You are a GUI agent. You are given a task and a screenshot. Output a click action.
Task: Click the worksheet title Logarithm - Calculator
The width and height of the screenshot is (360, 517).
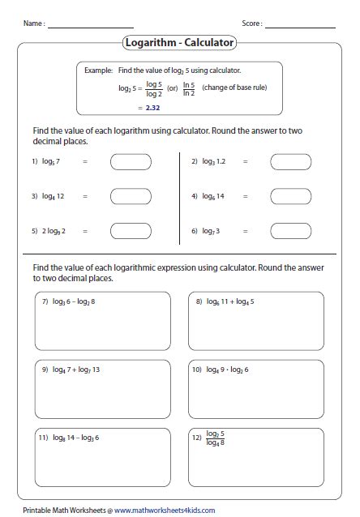(x=180, y=42)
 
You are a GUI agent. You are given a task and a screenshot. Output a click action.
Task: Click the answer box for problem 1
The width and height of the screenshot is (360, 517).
(x=130, y=162)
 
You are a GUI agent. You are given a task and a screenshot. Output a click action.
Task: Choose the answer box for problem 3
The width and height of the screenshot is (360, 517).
(x=130, y=197)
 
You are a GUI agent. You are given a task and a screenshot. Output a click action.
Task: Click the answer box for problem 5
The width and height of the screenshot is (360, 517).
(x=130, y=231)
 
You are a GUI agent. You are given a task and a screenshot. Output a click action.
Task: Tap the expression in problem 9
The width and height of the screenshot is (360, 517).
(x=75, y=370)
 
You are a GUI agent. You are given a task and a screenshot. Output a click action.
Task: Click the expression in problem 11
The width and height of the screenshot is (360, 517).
(x=75, y=438)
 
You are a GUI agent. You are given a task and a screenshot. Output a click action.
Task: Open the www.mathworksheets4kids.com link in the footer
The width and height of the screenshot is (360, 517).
(x=165, y=510)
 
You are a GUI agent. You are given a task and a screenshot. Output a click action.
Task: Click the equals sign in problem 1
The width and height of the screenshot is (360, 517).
(x=84, y=162)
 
